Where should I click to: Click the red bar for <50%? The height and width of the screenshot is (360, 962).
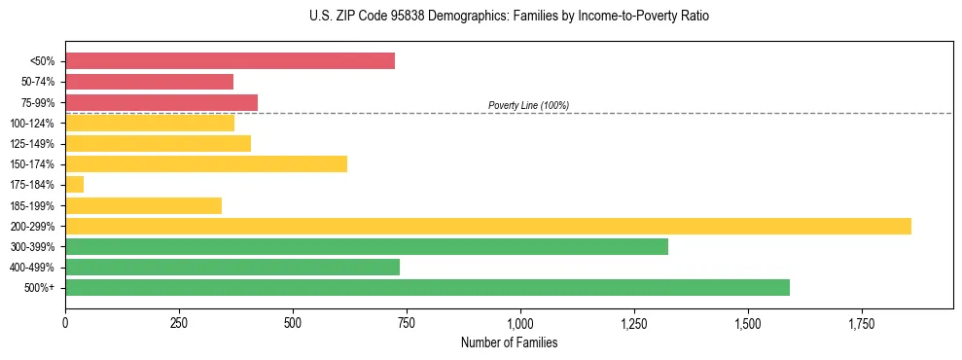coord(230,61)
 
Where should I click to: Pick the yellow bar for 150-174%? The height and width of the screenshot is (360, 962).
coord(206,163)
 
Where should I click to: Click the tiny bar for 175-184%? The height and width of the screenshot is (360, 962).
coord(75,184)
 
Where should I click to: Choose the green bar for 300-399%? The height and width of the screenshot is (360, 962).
coord(367,246)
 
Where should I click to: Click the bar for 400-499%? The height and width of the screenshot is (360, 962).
coord(232,267)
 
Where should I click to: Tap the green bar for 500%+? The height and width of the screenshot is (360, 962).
coord(427,287)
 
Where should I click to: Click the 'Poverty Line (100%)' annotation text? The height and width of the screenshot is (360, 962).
coord(528,105)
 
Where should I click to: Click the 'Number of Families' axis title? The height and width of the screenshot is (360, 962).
coord(509,343)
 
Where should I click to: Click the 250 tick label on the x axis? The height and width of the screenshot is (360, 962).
coord(179,323)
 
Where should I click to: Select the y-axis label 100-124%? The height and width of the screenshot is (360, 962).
coord(32,124)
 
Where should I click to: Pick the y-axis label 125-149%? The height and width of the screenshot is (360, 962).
coord(32,144)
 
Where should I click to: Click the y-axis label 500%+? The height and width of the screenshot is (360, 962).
coord(40,288)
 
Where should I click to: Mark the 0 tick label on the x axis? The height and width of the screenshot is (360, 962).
coord(65,323)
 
